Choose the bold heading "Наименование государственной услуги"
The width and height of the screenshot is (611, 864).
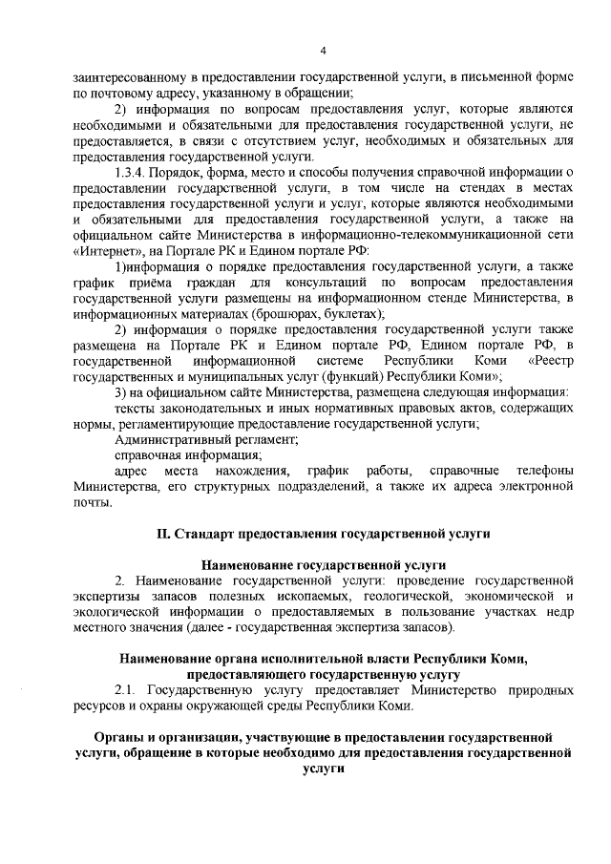pyautogui.click(x=323, y=564)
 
